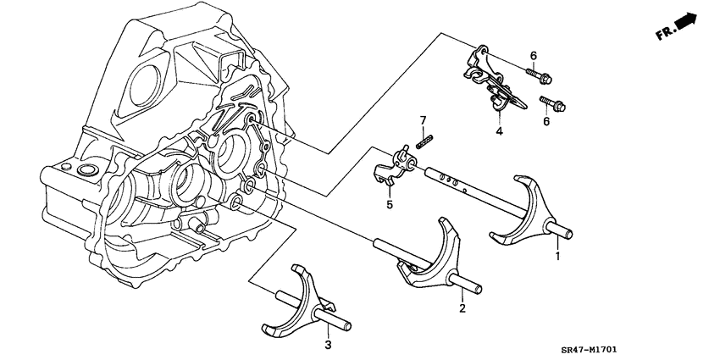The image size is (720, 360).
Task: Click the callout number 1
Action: pos(557,255)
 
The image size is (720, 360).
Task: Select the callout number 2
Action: pos(462,308)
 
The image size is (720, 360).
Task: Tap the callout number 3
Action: pos(328,345)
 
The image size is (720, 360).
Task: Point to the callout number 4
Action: pos(499,131)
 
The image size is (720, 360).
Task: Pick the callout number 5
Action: pos(389,204)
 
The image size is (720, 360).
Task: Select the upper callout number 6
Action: pos(533,56)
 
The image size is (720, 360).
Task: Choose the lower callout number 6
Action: pos(534,122)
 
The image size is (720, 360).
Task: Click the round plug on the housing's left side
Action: pos(86,174)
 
